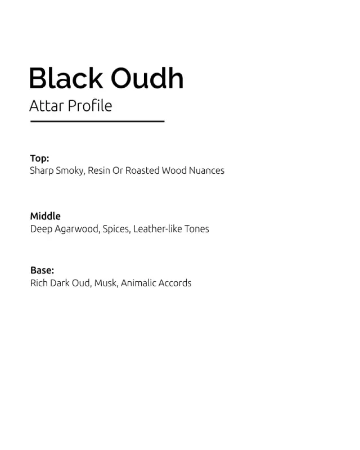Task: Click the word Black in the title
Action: point(66,78)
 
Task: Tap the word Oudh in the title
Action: point(147,78)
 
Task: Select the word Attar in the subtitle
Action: point(47,106)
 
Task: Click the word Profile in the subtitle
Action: point(90,105)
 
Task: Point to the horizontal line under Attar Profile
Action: point(97,121)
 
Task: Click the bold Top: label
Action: point(39,158)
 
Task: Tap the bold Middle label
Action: point(46,216)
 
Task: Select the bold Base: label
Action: point(42,270)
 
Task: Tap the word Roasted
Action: point(142,170)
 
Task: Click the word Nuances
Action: point(206,170)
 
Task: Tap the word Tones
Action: point(197,229)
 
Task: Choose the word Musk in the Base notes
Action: point(106,283)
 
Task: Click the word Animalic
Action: point(138,283)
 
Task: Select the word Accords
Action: point(175,283)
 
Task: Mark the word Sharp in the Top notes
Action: point(42,171)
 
